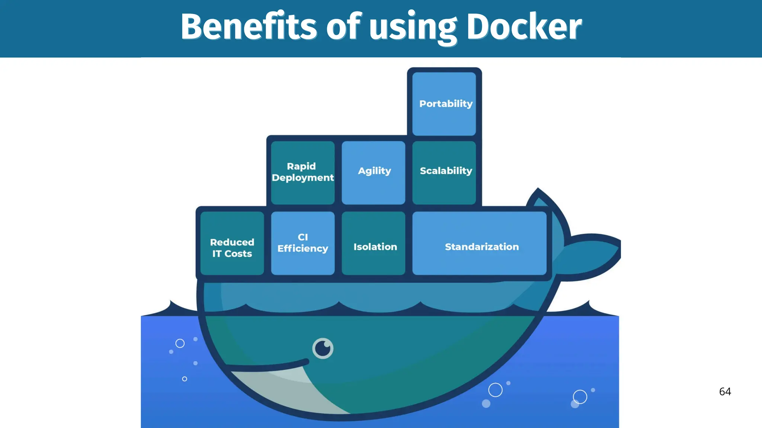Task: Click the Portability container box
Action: (x=444, y=104)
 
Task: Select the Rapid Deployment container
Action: (x=302, y=172)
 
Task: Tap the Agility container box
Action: (x=374, y=172)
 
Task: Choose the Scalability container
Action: (x=444, y=172)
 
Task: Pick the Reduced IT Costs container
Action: (x=232, y=243)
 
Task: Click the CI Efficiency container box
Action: (x=302, y=243)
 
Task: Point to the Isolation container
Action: (x=374, y=243)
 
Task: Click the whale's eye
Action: (x=323, y=348)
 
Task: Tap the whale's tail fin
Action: (x=592, y=256)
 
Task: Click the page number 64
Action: (x=725, y=392)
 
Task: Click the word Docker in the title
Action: (x=524, y=27)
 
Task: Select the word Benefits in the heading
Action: (x=249, y=27)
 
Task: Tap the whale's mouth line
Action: (x=268, y=367)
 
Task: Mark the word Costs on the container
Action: (x=238, y=254)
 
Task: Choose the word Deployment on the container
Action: (x=302, y=178)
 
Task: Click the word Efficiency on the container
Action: (x=302, y=249)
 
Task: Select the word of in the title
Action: (x=343, y=27)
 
